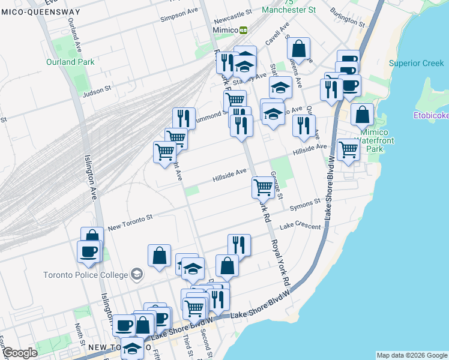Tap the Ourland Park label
(70, 62)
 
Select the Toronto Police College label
(85, 275)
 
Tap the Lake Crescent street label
(300, 226)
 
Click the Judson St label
(97, 91)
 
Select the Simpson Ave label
(179, 15)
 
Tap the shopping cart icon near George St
(263, 187)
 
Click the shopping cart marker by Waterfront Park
(348, 149)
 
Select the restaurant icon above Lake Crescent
(239, 244)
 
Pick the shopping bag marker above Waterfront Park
(362, 114)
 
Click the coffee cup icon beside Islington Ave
(89, 251)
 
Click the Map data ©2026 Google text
(412, 355)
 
